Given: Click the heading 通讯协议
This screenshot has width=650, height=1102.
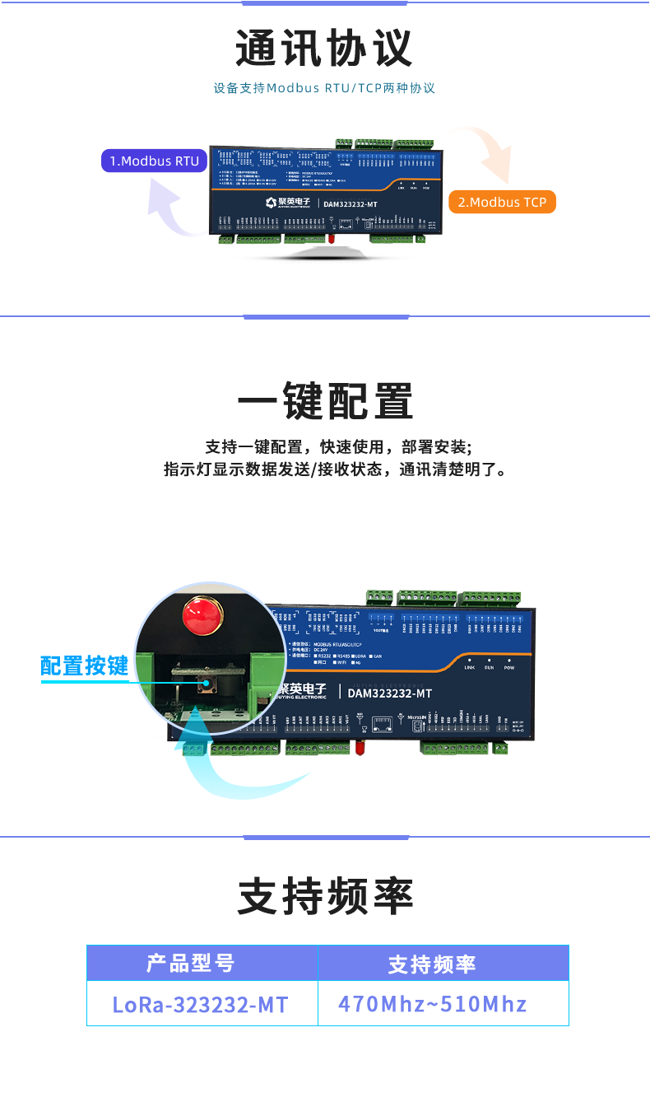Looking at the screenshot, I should (x=324, y=49).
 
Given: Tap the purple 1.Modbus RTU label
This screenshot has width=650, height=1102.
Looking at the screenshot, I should (x=155, y=161).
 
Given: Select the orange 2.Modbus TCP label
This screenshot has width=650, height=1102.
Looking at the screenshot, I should (x=502, y=202).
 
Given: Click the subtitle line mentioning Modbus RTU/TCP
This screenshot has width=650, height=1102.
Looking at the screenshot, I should (x=324, y=88).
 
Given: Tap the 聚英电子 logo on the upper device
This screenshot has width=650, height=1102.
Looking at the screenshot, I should (x=288, y=203).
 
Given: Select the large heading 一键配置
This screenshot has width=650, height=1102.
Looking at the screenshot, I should (x=324, y=401).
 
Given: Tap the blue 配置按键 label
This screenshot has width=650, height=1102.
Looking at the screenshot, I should (x=85, y=665).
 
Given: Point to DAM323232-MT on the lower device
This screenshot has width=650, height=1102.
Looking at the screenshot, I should (x=389, y=693).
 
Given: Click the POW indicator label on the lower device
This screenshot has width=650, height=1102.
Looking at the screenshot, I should (x=508, y=667).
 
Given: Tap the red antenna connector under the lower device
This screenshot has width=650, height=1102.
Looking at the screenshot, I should (x=360, y=747).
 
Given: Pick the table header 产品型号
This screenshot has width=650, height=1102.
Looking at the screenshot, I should (x=190, y=963).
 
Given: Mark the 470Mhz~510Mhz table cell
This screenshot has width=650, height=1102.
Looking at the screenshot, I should (x=432, y=1004).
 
